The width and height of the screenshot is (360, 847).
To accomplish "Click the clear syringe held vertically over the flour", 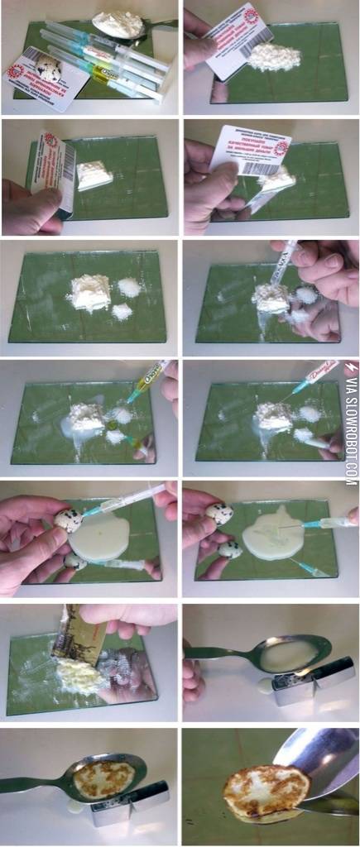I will (286, 265).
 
